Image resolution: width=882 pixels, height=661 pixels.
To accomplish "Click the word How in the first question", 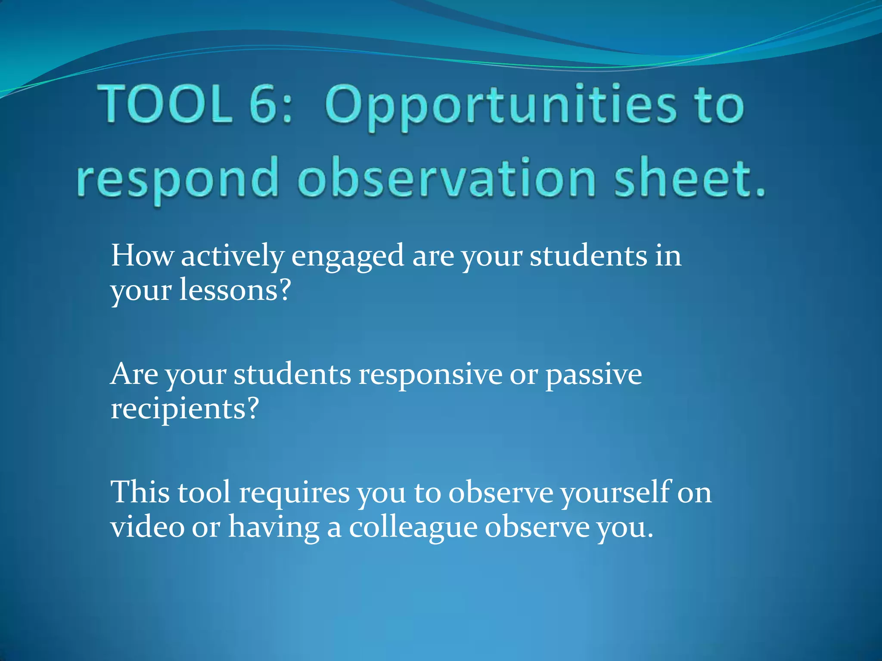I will point(142,256).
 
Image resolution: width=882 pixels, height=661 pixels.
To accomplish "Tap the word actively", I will point(232,256).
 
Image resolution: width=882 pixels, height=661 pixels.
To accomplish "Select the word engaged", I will point(348,257).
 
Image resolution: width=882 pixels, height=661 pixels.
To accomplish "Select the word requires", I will point(294,494).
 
